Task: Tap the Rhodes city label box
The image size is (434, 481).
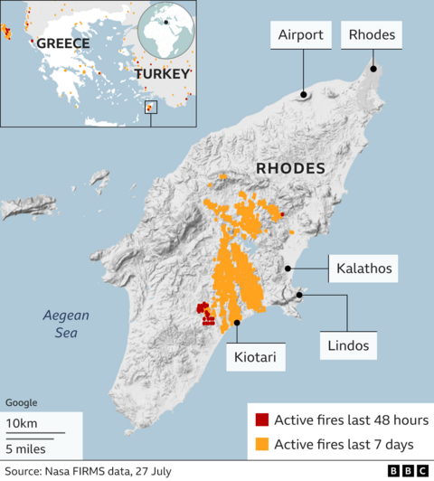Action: coord(373,36)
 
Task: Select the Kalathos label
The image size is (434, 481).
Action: coord(363,269)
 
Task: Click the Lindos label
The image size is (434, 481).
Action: coord(348,344)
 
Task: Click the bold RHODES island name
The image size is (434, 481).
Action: coord(290,168)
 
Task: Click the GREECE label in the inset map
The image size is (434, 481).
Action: coord(61,43)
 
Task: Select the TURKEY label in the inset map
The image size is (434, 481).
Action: coord(163,72)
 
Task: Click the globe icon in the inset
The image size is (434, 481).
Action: coord(166,30)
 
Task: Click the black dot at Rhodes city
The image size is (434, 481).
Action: coord(372,69)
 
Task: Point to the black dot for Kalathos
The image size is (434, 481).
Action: coord(288,268)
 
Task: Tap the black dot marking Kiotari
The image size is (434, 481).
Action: coord(237,323)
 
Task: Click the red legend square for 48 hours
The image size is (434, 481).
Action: coord(262,420)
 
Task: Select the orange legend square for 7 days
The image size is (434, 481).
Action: coord(262,443)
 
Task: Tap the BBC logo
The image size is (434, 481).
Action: coord(408,471)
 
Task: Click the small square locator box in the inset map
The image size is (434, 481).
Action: coord(151,108)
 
